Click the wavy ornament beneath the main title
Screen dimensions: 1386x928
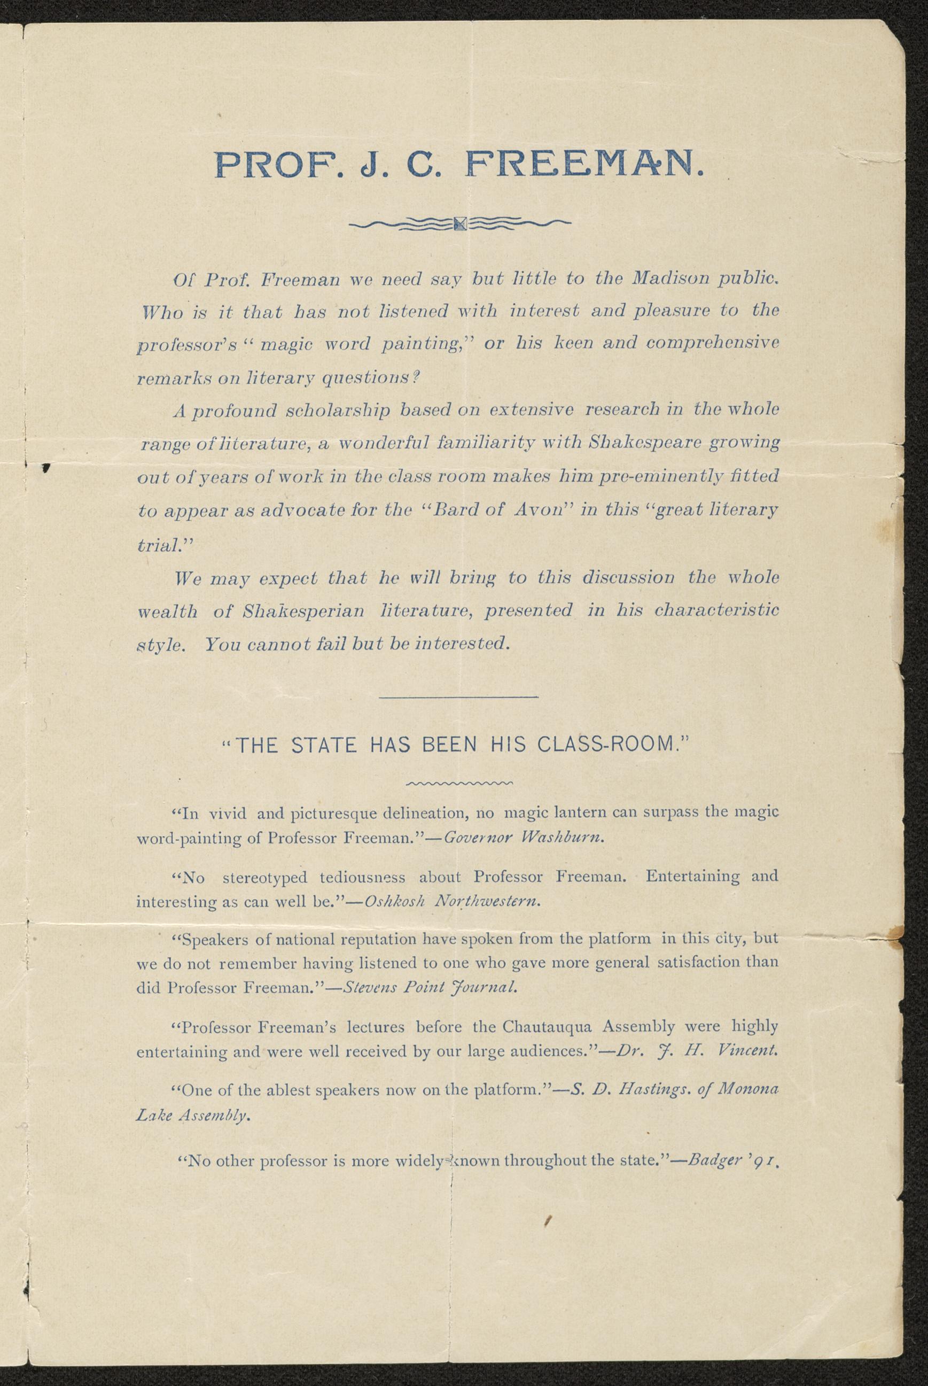tap(461, 223)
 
